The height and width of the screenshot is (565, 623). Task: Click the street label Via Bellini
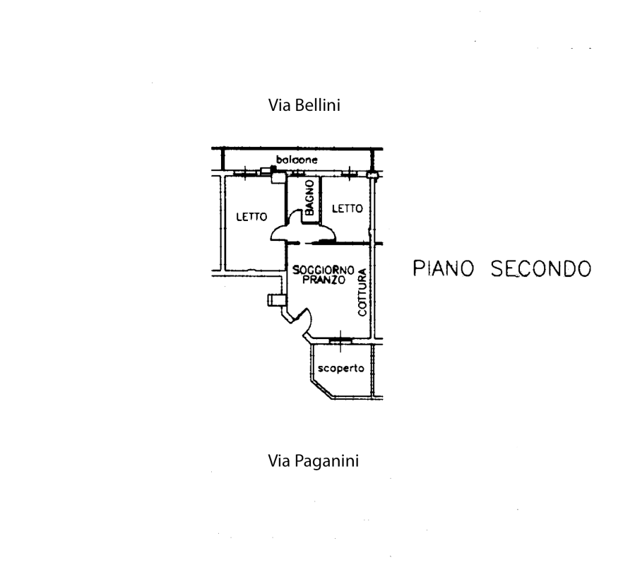(304, 107)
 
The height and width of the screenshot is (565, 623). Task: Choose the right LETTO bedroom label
(347, 208)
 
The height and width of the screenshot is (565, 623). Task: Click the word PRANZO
(323, 280)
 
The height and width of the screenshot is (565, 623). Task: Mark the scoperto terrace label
(340, 368)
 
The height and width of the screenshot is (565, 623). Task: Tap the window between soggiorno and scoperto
(340, 340)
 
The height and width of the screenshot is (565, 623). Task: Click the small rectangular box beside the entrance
(273, 300)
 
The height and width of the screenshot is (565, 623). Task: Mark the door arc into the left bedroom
(279, 233)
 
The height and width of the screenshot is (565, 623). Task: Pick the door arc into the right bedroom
(326, 233)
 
